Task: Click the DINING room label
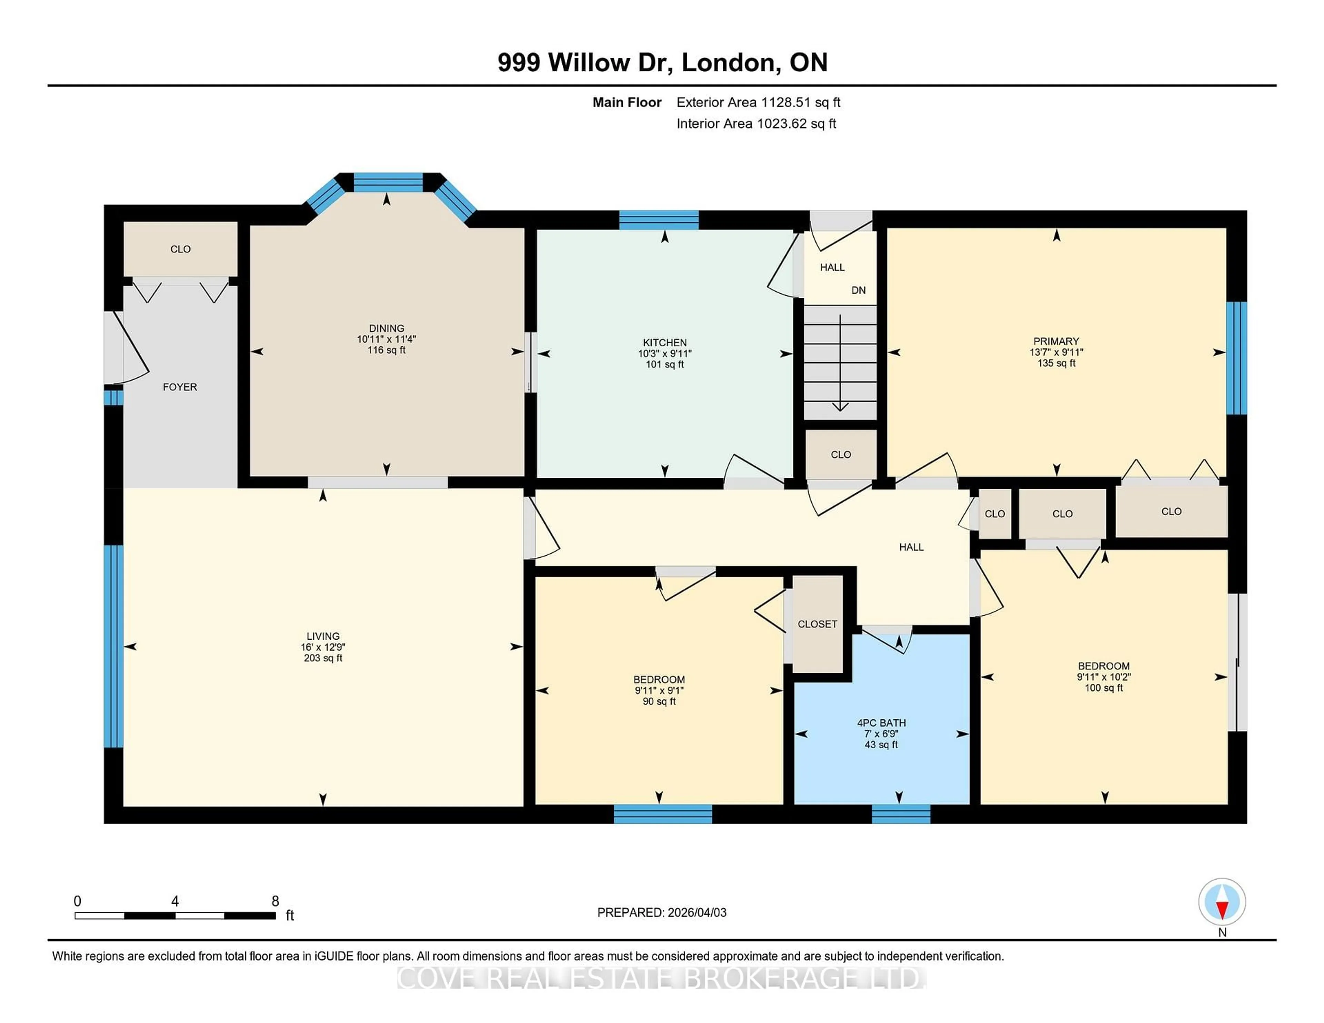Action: click(x=386, y=328)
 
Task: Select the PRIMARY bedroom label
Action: click(x=1056, y=341)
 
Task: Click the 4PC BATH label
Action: click(x=881, y=722)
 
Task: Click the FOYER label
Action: click(x=180, y=387)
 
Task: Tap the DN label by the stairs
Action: click(x=859, y=290)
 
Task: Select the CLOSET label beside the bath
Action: click(x=817, y=624)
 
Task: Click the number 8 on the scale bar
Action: click(x=275, y=901)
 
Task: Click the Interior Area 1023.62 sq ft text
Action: click(x=756, y=124)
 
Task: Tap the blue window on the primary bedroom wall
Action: click(x=1237, y=357)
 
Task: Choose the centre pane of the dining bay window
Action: click(x=388, y=182)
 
